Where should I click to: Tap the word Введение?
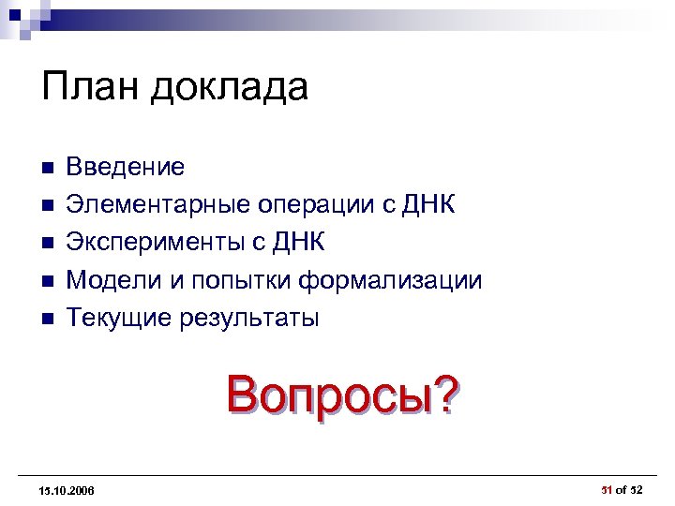[x=126, y=168]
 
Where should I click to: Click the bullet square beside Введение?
[x=48, y=169]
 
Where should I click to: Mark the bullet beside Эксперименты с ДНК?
[x=48, y=244]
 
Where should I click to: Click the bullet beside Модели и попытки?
[x=48, y=281]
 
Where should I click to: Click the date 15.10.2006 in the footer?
[x=67, y=490]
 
